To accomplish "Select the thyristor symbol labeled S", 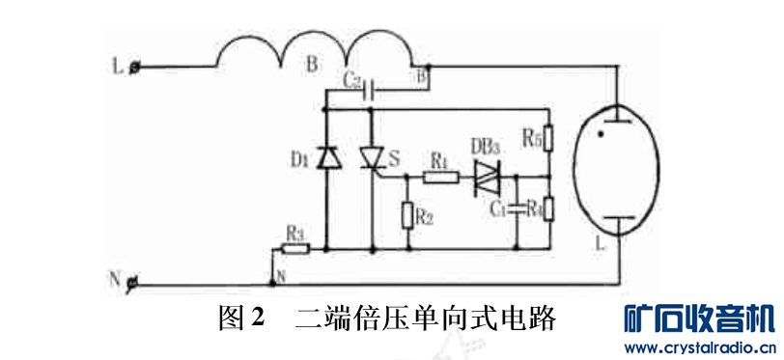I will (x=372, y=157).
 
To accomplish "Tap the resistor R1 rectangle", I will (x=440, y=177).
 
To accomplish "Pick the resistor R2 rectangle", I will (x=406, y=215).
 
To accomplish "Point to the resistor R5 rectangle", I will (x=547, y=141).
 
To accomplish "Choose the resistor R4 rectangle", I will (x=547, y=208).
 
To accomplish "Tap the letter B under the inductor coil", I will (x=311, y=66).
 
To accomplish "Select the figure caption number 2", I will (x=258, y=317).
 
